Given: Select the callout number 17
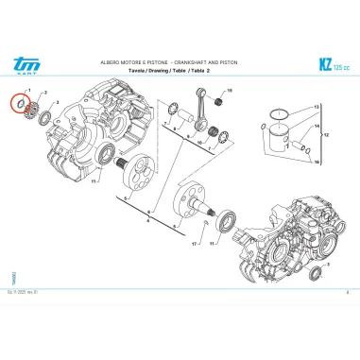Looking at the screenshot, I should [x=194, y=244].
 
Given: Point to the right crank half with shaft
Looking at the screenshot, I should [x=195, y=209].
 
